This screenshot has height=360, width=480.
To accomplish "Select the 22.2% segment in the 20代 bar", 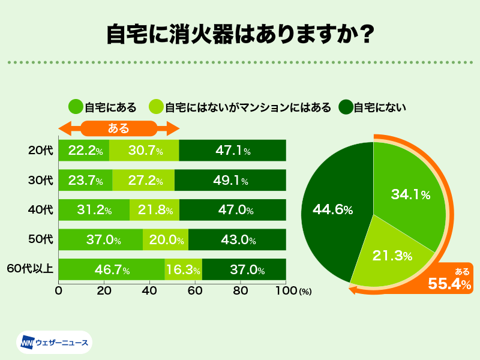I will (x=84, y=151).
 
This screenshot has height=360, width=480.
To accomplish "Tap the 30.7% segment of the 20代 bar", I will (x=144, y=151).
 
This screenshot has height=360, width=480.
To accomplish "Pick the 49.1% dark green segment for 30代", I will (x=230, y=180).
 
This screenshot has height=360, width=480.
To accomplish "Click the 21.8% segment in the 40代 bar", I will (x=154, y=210).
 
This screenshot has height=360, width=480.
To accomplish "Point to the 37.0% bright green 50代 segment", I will (x=101, y=240).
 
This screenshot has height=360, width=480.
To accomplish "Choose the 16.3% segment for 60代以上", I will (x=184, y=270).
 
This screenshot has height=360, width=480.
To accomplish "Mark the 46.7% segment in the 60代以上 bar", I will (x=112, y=270).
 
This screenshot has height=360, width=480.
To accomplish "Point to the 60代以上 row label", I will (x=29, y=270).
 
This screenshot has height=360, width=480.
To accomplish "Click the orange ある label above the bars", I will (x=119, y=128).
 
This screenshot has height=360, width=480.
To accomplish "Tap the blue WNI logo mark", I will (x=28, y=343).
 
